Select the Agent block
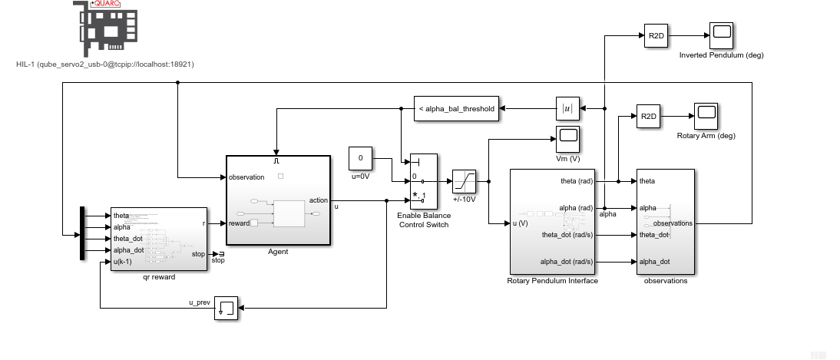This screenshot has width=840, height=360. tap(278, 200)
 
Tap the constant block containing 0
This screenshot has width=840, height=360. tap(360, 159)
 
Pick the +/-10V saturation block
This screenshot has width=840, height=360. tap(465, 182)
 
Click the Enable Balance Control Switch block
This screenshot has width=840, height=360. tap(423, 181)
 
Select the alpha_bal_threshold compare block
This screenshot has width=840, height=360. tap(455, 109)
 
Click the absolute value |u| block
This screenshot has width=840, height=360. tap(567, 109)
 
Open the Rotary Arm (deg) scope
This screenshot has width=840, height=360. tap(706, 116)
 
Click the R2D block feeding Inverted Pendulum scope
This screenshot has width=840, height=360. tap(656, 35)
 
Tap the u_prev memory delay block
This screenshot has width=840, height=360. tap(227, 308)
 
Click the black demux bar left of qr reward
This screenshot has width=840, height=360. tap(82, 233)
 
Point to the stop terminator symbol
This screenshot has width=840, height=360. tap(220, 253)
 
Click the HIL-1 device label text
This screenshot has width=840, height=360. tap(104, 64)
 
